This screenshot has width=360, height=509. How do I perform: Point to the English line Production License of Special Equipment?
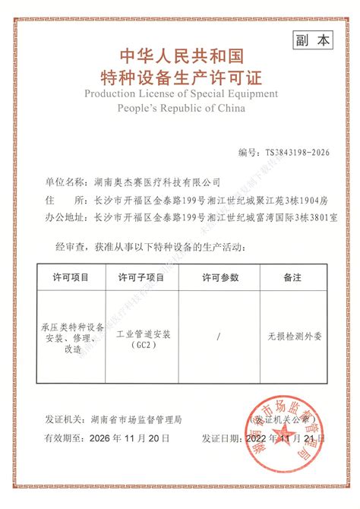(181, 93)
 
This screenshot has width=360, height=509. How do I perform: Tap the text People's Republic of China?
(181, 108)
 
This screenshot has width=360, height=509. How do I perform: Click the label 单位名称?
(67, 182)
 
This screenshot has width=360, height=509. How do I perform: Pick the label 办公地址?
(67, 217)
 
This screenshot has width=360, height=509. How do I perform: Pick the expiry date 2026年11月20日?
(124, 439)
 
